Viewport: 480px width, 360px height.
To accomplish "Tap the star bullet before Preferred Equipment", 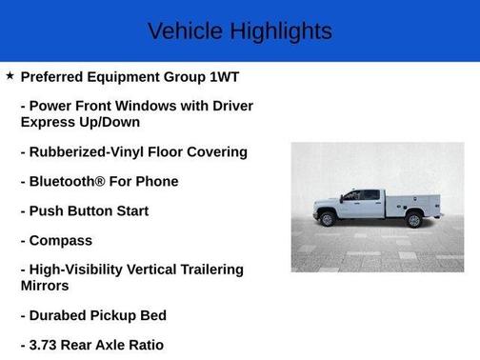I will tap(10, 75).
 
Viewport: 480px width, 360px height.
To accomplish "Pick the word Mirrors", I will tap(45, 285).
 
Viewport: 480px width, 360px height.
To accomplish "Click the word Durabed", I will tap(64, 315).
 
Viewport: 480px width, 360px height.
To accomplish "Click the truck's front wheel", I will tap(328, 219).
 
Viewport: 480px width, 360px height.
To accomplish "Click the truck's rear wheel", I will tap(413, 220).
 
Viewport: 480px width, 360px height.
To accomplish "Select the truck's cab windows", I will tap(360, 195).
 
